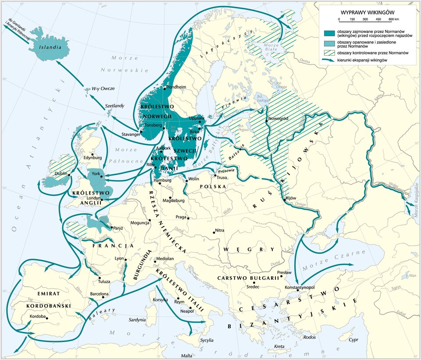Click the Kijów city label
tap(291, 198)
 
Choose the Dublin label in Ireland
tap(61, 174)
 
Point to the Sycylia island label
tap(207, 340)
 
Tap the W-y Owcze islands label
tap(103, 89)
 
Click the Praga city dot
tap(188, 218)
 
